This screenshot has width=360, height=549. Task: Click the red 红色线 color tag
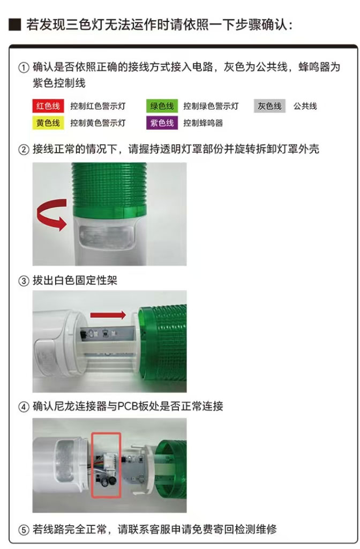click(48, 106)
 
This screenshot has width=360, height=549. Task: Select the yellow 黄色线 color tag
click(48, 123)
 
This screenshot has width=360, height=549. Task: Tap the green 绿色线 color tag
click(162, 106)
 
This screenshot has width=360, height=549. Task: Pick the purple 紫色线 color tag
click(162, 123)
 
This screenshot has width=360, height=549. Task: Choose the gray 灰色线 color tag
click(269, 106)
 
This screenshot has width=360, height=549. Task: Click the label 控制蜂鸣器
click(203, 123)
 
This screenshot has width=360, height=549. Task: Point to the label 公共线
click(305, 106)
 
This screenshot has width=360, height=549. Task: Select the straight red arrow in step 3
click(108, 315)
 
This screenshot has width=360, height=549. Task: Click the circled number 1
click(24, 67)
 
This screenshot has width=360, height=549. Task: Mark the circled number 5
click(24, 530)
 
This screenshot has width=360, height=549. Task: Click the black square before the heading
click(15, 25)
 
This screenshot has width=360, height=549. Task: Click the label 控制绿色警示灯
click(211, 106)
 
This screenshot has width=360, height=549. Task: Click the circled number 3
click(24, 281)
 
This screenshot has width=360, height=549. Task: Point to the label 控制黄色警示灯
click(97, 123)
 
